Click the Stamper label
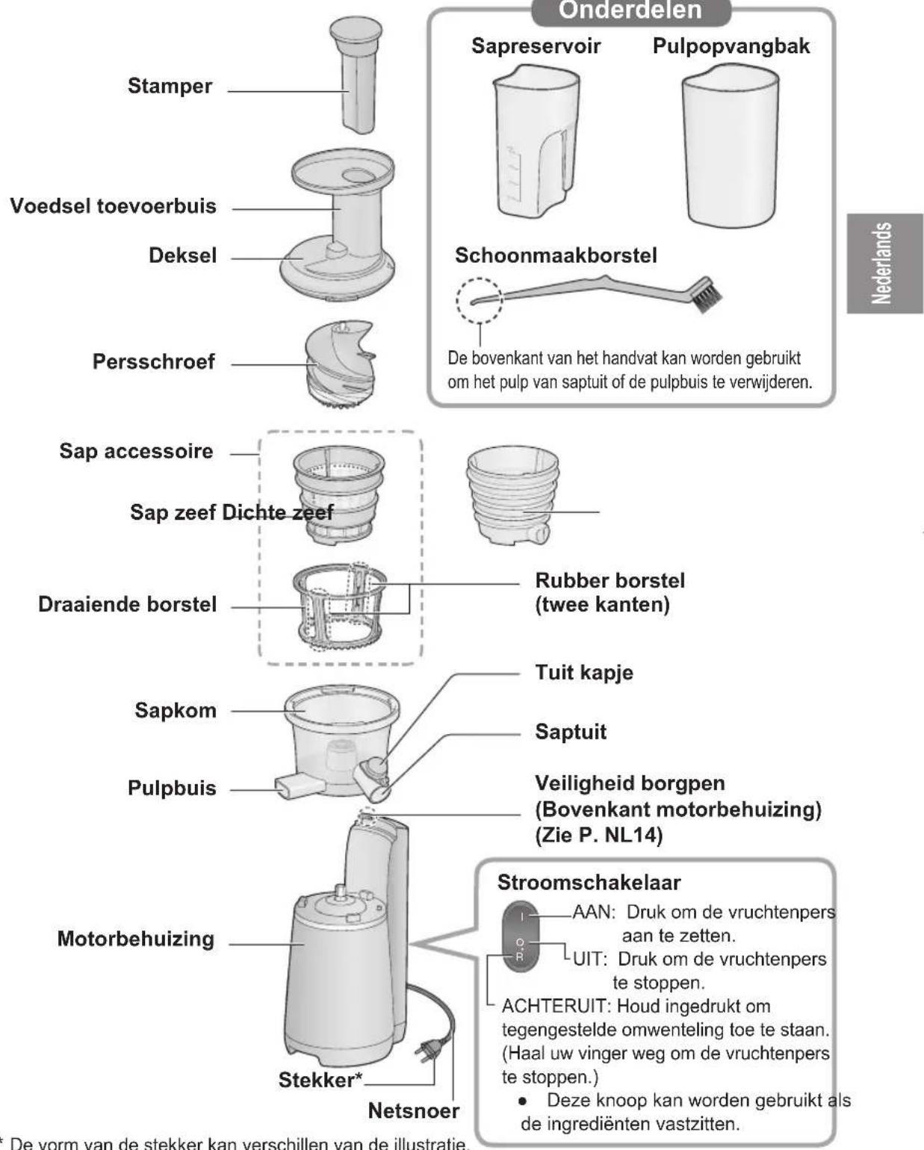tap(170, 86)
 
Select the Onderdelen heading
tap(630, 10)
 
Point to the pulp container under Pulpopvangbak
tap(730, 145)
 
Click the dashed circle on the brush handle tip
tap(479, 300)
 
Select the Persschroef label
tap(153, 361)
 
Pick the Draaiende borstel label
tap(127, 604)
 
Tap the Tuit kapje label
tap(583, 672)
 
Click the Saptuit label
tap(570, 732)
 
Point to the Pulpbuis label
tap(172, 788)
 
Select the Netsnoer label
tap(413, 1110)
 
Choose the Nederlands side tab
tap(884, 263)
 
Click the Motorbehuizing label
tap(135, 939)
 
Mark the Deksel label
tap(182, 255)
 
